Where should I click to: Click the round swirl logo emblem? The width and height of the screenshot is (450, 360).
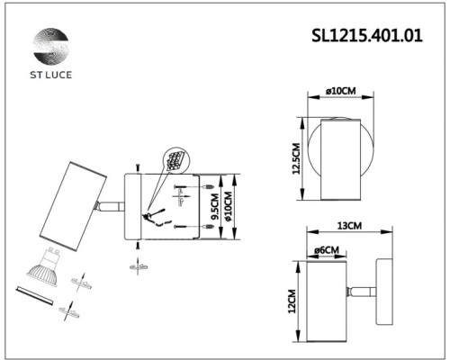(x=50, y=46)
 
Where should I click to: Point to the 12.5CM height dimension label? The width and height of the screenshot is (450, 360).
(x=295, y=163)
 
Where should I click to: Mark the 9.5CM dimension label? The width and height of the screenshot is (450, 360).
(x=214, y=208)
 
